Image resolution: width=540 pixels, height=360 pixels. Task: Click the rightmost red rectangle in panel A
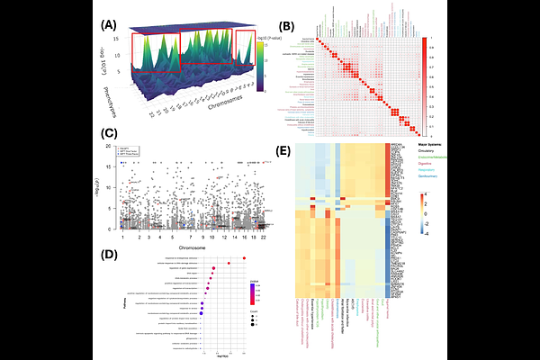[244, 48]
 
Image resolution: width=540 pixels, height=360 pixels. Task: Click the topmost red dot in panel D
[244, 258]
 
